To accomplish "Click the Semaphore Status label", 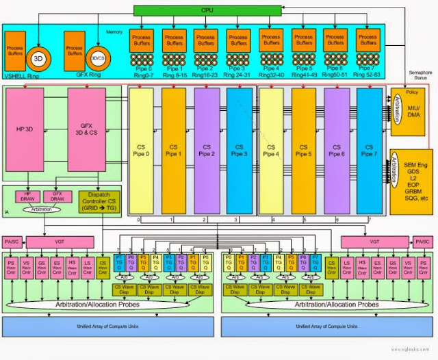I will pos(415,76).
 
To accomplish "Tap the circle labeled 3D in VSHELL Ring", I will pos(39,57).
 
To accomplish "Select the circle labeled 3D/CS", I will pos(97,57).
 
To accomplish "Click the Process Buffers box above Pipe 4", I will pos(270,39).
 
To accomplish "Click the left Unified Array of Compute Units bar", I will pos(111,326).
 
